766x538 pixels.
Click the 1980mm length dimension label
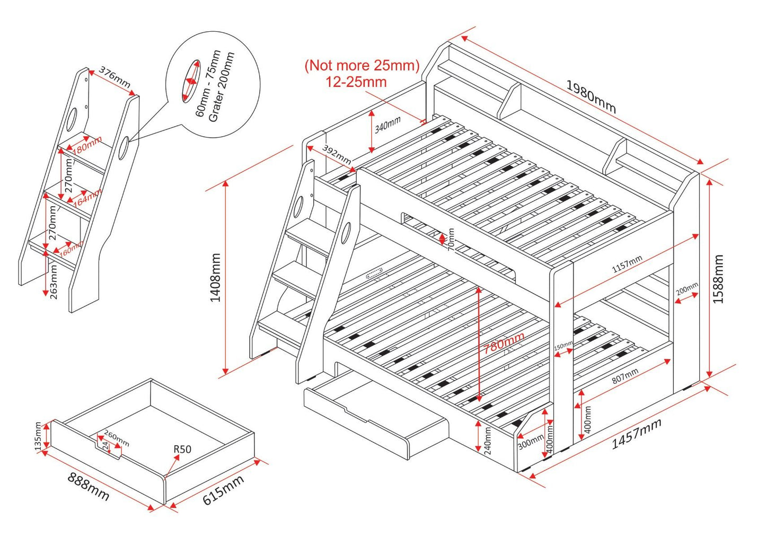591,96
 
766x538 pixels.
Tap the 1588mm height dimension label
718,279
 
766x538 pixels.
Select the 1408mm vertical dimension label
215,277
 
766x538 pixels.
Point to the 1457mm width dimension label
636,433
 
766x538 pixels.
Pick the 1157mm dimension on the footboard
627,264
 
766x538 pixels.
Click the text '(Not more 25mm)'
362,66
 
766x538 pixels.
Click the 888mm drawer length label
88,486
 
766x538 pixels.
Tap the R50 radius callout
182,449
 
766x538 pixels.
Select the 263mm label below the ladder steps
54,282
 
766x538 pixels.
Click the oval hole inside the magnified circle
191,80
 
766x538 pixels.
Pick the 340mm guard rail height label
388,126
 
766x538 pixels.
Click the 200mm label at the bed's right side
687,289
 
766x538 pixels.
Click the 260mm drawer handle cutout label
116,438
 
